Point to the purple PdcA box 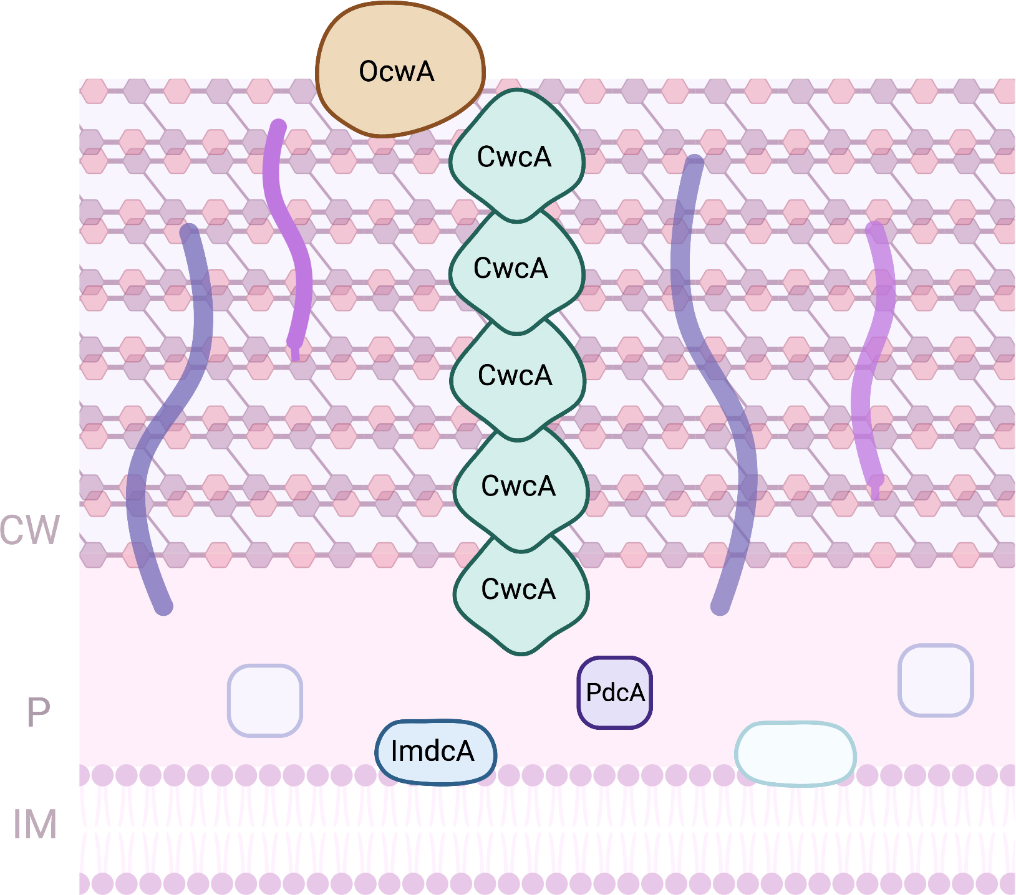(x=615, y=692)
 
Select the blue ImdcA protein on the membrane (x=435, y=752)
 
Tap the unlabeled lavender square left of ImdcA (x=265, y=701)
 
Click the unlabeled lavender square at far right (x=936, y=680)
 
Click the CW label (x=30, y=531)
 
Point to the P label (x=38, y=712)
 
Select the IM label (x=35, y=825)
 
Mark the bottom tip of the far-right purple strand (x=876, y=492)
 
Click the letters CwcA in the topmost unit (x=514, y=157)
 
